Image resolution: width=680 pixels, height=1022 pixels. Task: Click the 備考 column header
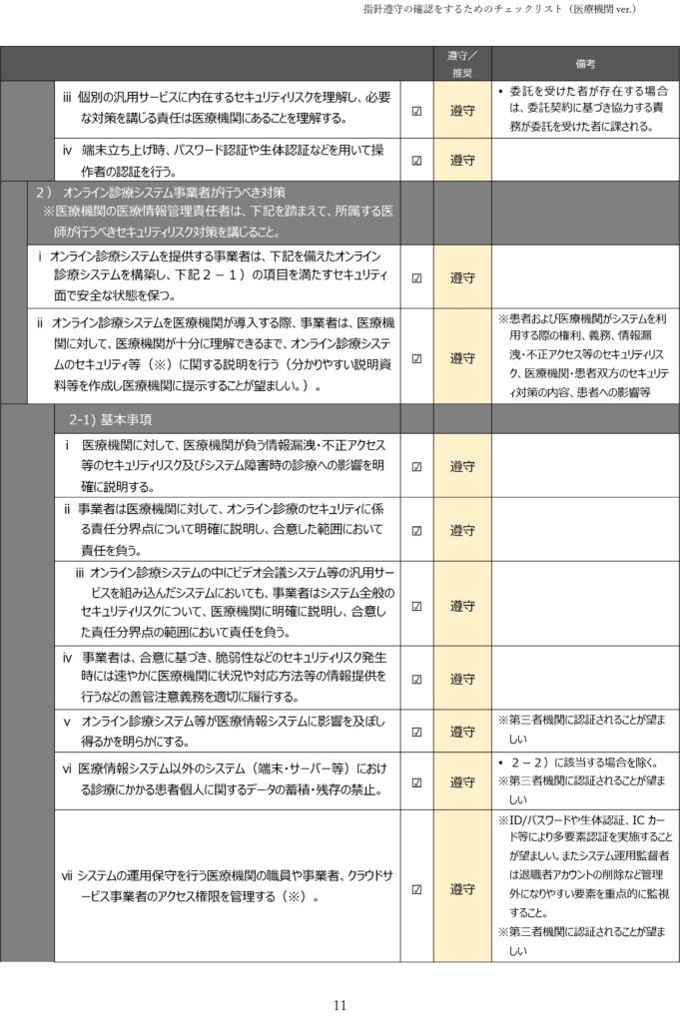coord(586,63)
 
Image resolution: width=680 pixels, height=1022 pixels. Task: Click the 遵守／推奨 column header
coord(461,63)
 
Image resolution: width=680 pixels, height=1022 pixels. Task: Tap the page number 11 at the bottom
coord(340,1005)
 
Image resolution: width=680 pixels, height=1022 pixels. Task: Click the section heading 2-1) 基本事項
coord(112,417)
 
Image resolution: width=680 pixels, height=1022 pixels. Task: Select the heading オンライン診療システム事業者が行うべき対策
coord(174,192)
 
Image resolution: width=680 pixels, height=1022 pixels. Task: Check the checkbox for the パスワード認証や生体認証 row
coord(416,160)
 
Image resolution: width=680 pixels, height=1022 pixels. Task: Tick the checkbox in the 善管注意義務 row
coord(416,679)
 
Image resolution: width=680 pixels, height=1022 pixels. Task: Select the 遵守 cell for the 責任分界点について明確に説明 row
coord(461,530)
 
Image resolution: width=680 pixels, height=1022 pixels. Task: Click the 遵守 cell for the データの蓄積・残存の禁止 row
coord(461,781)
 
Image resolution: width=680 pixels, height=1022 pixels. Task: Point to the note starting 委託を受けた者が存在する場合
coord(585,109)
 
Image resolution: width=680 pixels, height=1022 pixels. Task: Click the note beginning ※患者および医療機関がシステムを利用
coord(585,355)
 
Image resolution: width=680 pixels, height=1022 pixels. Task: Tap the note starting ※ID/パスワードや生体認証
coord(585,866)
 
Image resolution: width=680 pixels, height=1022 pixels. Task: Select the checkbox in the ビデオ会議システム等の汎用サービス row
coord(416,606)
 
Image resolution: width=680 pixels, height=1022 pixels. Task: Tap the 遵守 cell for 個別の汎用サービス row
coord(461,111)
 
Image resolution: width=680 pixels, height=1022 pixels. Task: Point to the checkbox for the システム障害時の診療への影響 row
coord(416,466)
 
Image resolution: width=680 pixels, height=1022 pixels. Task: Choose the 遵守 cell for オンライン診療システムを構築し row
coord(461,277)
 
